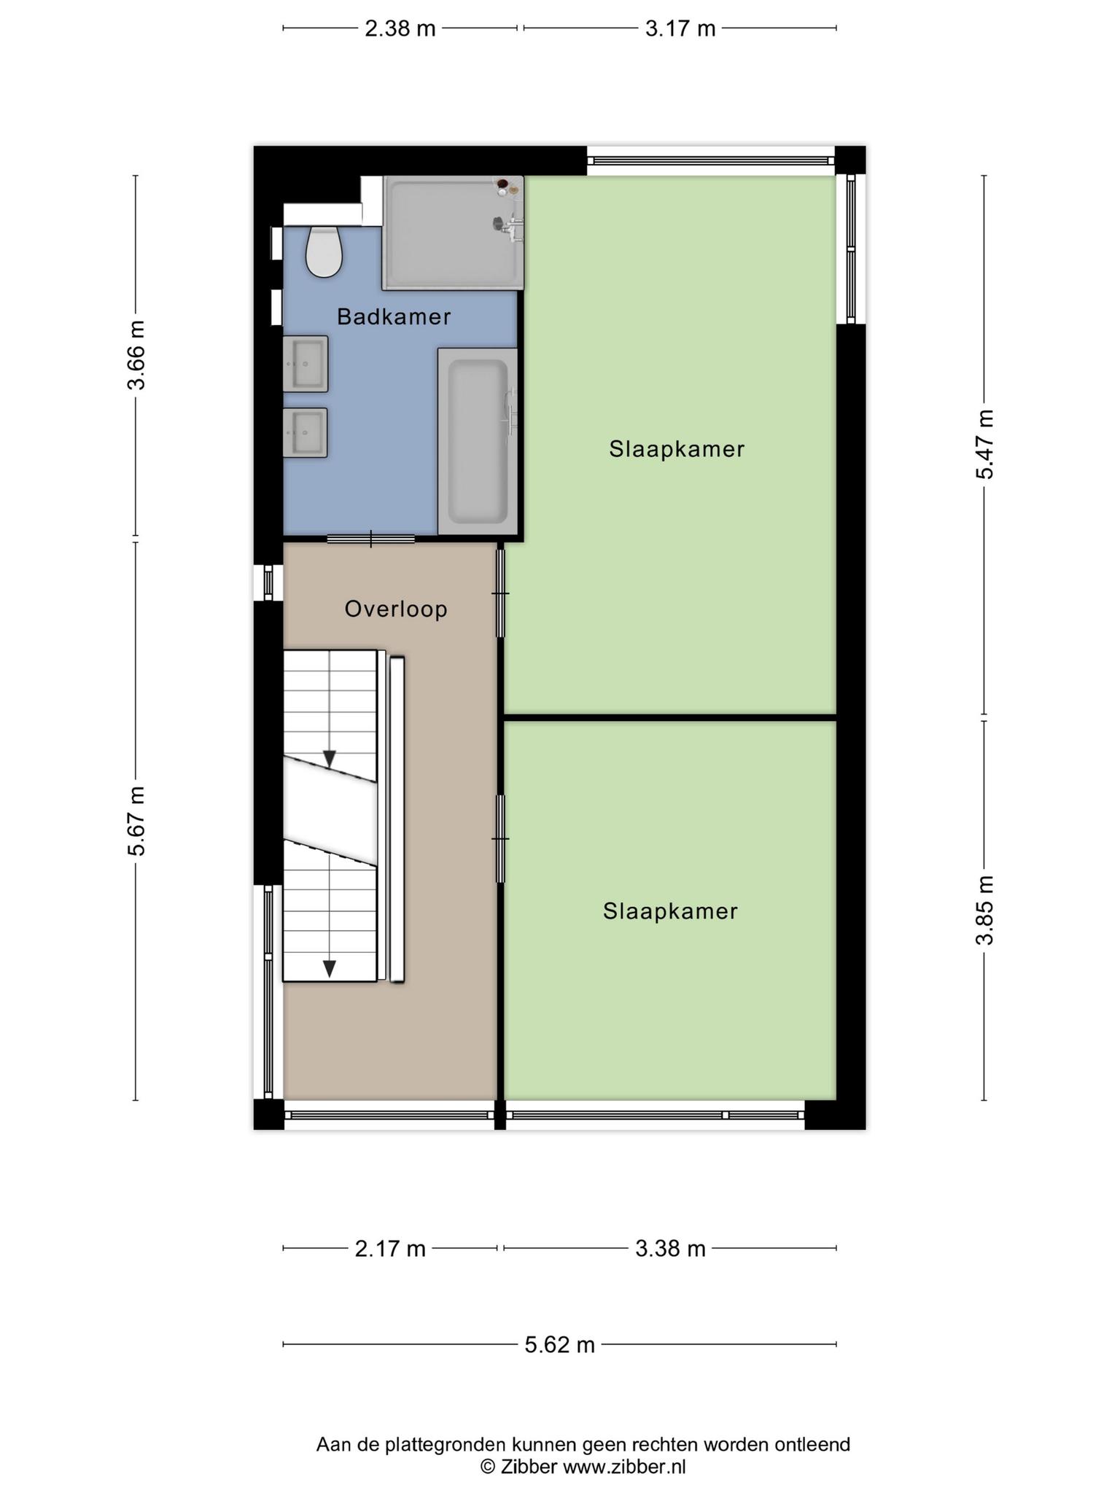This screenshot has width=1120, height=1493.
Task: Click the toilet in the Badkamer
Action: (324, 252)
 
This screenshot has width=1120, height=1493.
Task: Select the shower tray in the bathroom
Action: (453, 233)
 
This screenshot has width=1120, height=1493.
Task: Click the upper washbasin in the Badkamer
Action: (306, 364)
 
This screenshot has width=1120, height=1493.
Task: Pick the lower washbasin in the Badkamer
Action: (306, 432)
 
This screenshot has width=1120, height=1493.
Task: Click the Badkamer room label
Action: (394, 316)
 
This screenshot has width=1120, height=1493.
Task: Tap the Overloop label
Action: (396, 609)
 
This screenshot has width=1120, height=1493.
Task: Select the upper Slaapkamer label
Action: (677, 448)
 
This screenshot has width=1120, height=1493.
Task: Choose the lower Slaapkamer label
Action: (670, 911)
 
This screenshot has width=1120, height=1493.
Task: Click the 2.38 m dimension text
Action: (400, 28)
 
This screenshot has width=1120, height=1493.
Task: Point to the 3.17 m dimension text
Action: (680, 28)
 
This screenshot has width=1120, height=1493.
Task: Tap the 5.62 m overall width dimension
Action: (560, 1344)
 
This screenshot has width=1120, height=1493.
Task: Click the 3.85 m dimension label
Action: (985, 910)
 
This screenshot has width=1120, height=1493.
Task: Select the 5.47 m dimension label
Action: (985, 445)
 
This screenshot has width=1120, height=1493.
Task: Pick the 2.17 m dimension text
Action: (390, 1249)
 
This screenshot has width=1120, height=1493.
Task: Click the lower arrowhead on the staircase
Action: (330, 968)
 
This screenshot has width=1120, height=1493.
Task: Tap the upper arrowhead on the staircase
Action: (330, 759)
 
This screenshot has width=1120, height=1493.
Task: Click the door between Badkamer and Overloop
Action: (371, 539)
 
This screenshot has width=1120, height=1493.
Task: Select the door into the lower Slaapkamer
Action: (500, 838)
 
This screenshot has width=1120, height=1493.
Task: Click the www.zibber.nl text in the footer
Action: (624, 1467)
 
